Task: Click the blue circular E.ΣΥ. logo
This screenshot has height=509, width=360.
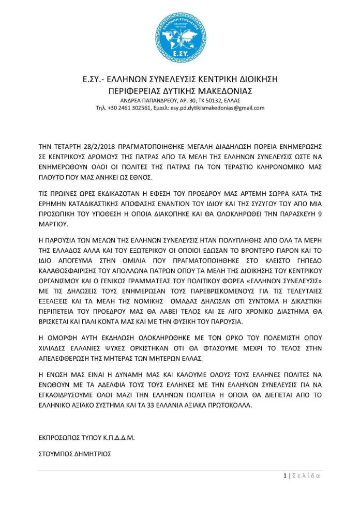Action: (180, 37)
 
